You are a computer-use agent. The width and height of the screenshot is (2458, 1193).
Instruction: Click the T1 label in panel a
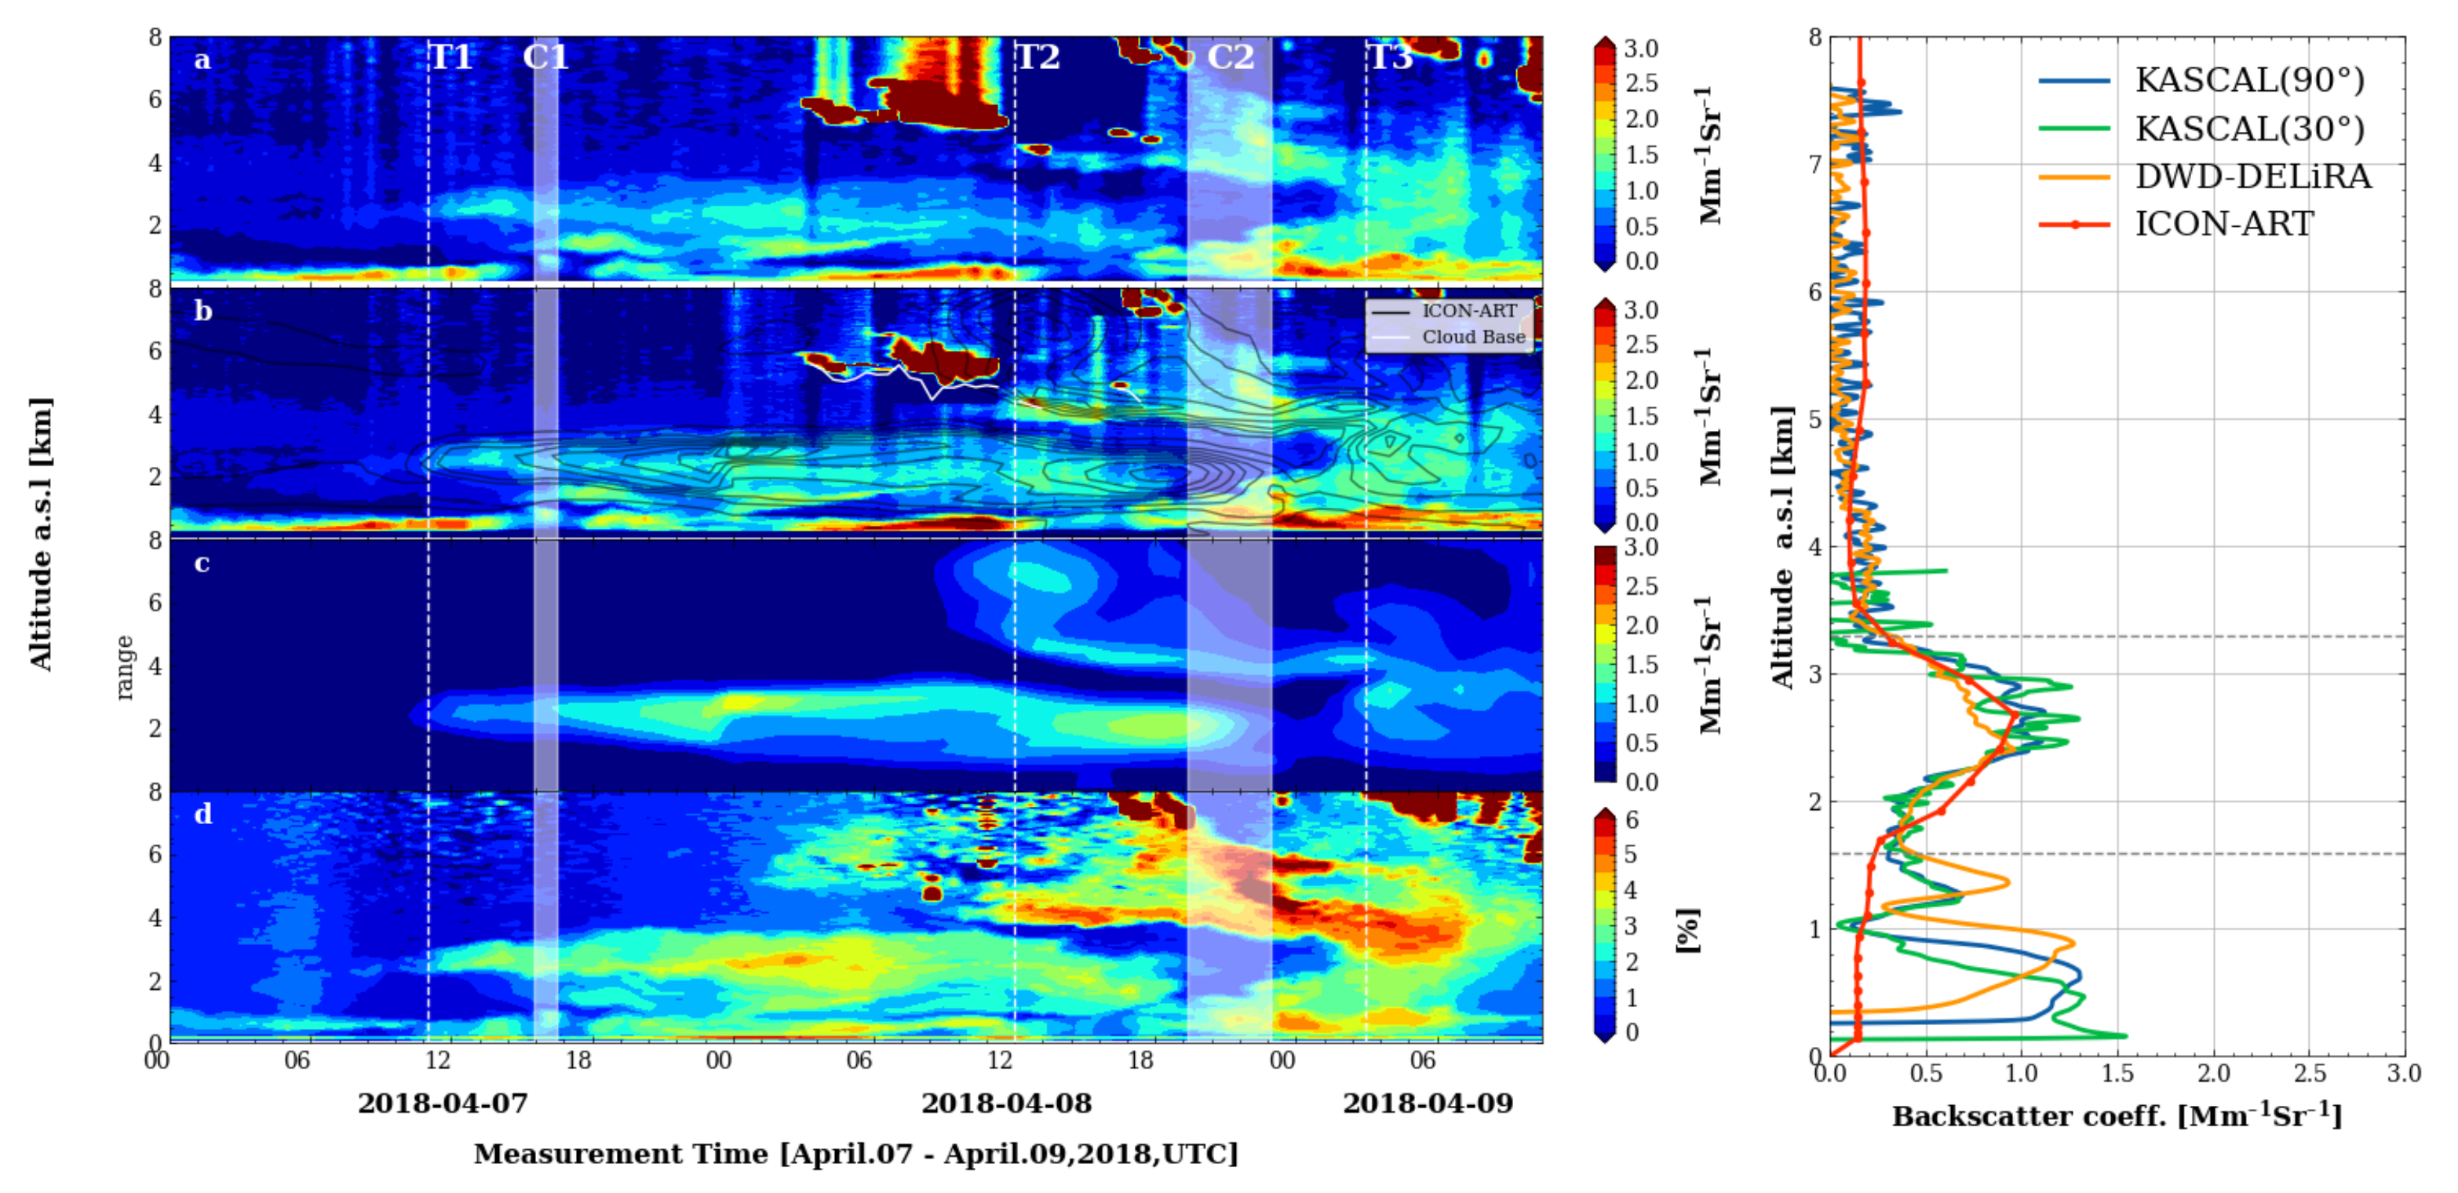click(x=451, y=58)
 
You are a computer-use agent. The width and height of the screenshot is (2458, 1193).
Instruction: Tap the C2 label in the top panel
click(x=1230, y=58)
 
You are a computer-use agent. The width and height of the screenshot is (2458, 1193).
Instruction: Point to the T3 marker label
click(x=1390, y=58)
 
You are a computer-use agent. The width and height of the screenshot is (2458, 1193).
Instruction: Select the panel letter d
click(x=202, y=814)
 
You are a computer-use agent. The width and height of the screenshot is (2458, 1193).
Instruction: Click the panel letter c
click(x=202, y=563)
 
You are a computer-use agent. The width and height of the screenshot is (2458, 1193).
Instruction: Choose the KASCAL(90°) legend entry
click(x=2249, y=80)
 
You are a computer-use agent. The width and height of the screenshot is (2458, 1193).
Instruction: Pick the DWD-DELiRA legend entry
click(x=2252, y=177)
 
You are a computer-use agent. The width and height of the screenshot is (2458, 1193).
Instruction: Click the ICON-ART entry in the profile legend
click(x=2223, y=224)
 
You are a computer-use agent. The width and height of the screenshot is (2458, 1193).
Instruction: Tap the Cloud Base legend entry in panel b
click(x=1473, y=337)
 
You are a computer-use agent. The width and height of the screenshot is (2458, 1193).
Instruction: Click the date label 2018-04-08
click(x=1005, y=1104)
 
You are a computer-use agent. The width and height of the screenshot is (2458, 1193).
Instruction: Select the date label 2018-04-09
click(x=1428, y=1104)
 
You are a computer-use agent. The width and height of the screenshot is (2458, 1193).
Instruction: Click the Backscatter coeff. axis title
click(x=2117, y=1116)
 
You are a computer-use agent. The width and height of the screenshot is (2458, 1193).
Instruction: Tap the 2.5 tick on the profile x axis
click(x=2309, y=1074)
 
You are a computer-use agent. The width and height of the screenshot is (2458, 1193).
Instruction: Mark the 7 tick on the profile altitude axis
click(x=1815, y=165)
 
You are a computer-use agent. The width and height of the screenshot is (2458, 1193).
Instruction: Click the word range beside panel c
click(x=124, y=667)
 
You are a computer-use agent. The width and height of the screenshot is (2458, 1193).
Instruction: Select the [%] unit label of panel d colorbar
click(x=1687, y=931)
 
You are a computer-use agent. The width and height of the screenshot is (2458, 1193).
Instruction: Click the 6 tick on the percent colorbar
click(x=1632, y=820)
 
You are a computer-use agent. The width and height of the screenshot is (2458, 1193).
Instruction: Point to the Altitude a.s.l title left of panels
click(x=41, y=534)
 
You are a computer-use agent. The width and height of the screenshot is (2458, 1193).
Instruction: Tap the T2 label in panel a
click(x=1038, y=58)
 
